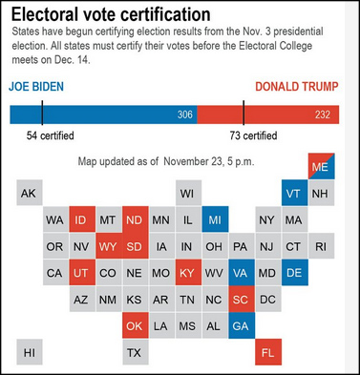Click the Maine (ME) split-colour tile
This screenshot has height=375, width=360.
click(x=321, y=166)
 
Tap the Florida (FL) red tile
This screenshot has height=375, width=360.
click(x=268, y=352)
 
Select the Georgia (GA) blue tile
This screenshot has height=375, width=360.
click(x=242, y=325)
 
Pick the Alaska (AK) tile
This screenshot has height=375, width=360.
click(x=30, y=193)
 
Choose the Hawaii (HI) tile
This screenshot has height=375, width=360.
click(x=30, y=352)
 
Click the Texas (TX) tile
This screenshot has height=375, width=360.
click(x=136, y=352)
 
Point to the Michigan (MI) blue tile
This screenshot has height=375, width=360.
click(x=215, y=219)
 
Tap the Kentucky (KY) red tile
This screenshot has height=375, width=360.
click(x=188, y=272)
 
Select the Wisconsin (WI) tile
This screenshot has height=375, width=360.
click(x=188, y=193)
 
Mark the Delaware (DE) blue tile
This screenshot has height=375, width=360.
click(x=295, y=272)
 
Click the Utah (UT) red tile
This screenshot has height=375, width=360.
click(x=82, y=272)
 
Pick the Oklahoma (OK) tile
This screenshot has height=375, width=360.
click(x=136, y=325)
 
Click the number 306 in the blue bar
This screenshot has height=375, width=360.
click(x=185, y=115)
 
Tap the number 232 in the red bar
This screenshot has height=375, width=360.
click(x=323, y=115)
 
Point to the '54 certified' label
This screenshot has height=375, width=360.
click(x=51, y=135)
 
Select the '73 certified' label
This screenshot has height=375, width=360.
click(x=253, y=135)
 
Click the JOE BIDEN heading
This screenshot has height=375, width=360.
click(x=36, y=87)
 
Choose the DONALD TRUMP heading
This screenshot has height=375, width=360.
click(x=297, y=87)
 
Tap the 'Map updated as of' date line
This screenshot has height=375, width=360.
click(x=166, y=161)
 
